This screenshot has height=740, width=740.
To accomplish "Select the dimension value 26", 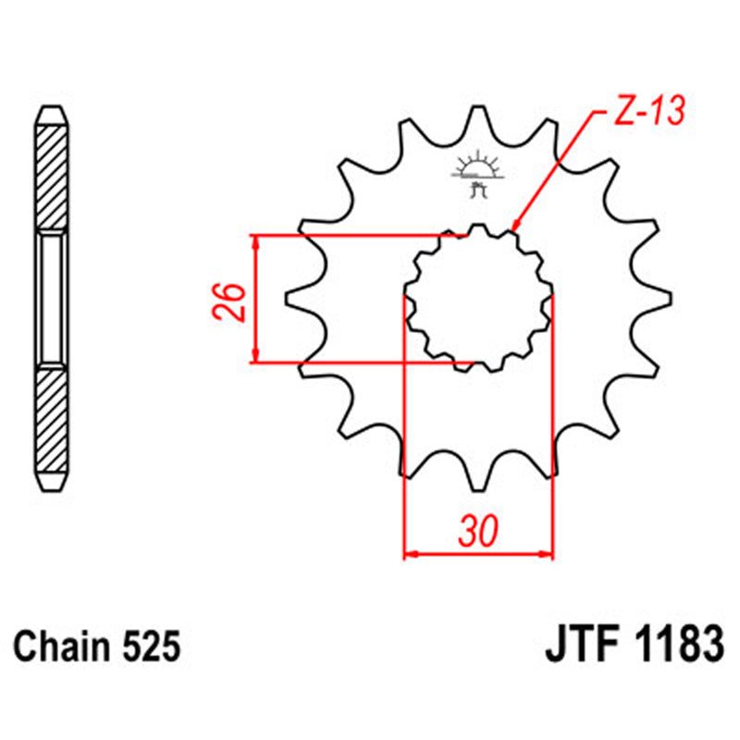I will coord(232,298).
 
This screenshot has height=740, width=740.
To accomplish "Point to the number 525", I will coord(148,647).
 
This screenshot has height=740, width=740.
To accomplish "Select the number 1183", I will coord(676,645).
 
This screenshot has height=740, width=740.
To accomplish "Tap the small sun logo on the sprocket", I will coord(477,167).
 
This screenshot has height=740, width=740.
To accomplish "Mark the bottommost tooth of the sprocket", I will coord(478,481).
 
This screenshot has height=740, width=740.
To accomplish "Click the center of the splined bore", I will coord(478,298).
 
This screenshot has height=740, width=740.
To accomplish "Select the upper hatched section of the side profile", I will coord(52,176).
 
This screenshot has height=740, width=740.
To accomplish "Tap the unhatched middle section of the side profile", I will coord(52,298).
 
